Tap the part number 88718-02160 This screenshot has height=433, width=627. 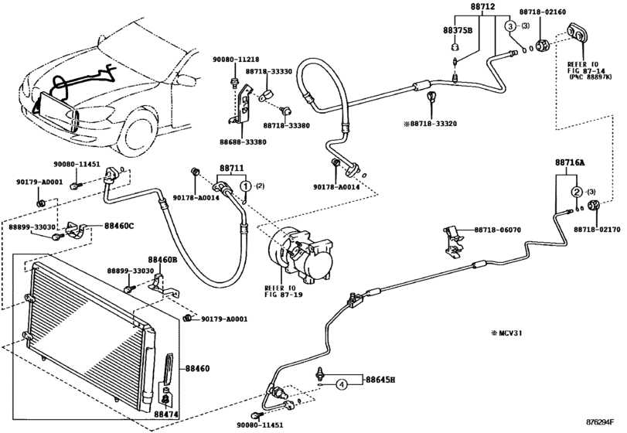pyautogui.click(x=564, y=13)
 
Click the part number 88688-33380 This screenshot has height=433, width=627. pyautogui.click(x=241, y=142)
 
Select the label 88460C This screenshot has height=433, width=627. pyautogui.click(x=119, y=226)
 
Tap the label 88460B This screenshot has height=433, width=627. pyautogui.click(x=163, y=261)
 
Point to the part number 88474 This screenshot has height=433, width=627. pyautogui.click(x=165, y=414)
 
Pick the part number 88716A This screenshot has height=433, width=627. pyautogui.click(x=570, y=163)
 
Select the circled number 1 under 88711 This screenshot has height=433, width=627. pyautogui.click(x=245, y=186)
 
